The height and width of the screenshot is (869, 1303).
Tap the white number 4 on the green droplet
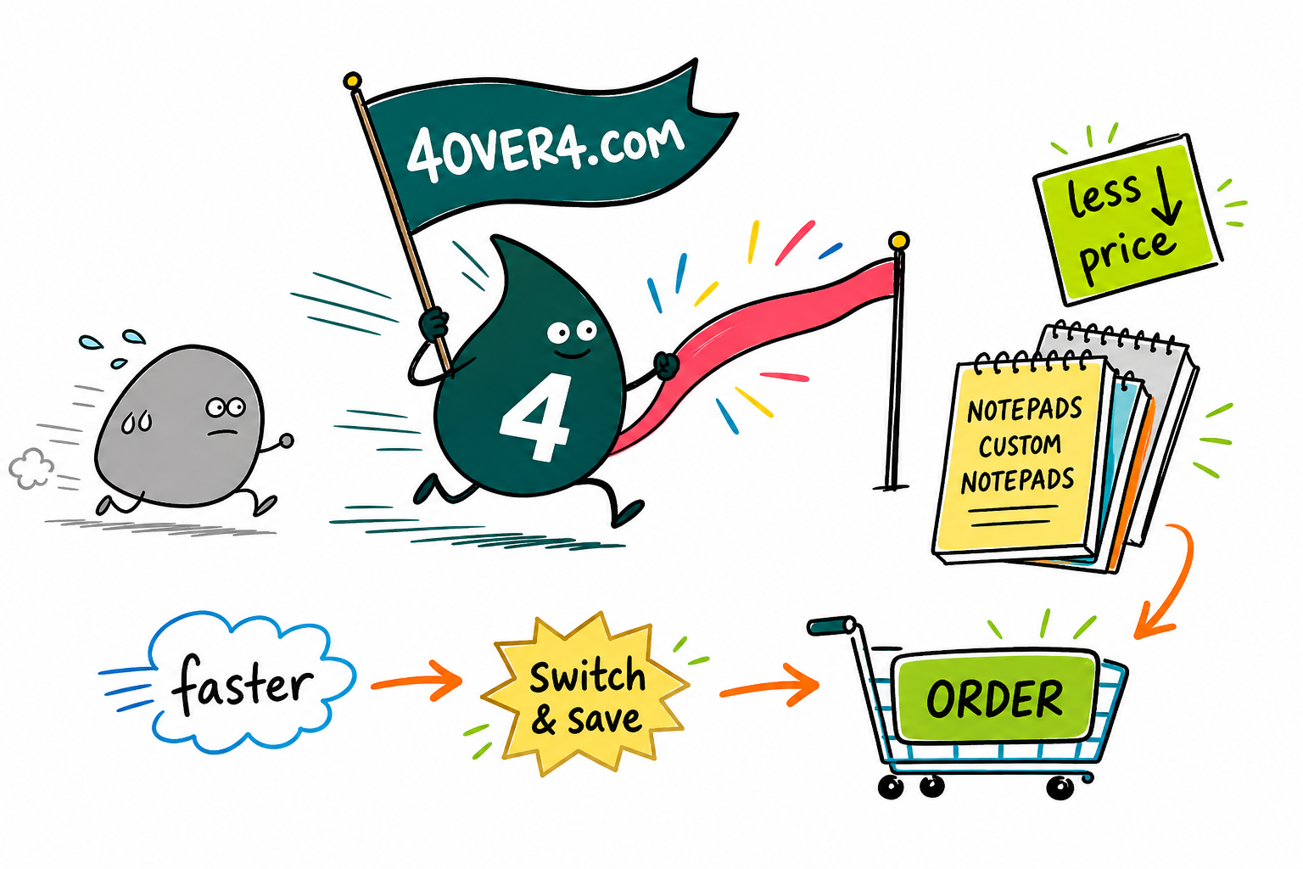(x=534, y=416)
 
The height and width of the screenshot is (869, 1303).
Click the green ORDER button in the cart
(x=995, y=698)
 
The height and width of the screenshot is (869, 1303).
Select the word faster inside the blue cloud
(x=243, y=685)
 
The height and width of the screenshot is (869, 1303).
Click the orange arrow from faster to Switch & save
(x=417, y=681)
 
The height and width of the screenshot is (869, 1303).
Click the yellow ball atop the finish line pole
(x=898, y=240)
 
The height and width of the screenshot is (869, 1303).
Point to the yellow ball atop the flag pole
(x=352, y=81)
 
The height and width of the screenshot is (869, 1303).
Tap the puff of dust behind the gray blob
(x=31, y=468)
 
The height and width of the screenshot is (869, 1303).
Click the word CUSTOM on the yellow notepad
(x=1019, y=446)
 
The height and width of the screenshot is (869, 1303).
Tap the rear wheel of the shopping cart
(x=890, y=787)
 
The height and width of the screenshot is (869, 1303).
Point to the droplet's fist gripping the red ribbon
(x=667, y=366)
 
